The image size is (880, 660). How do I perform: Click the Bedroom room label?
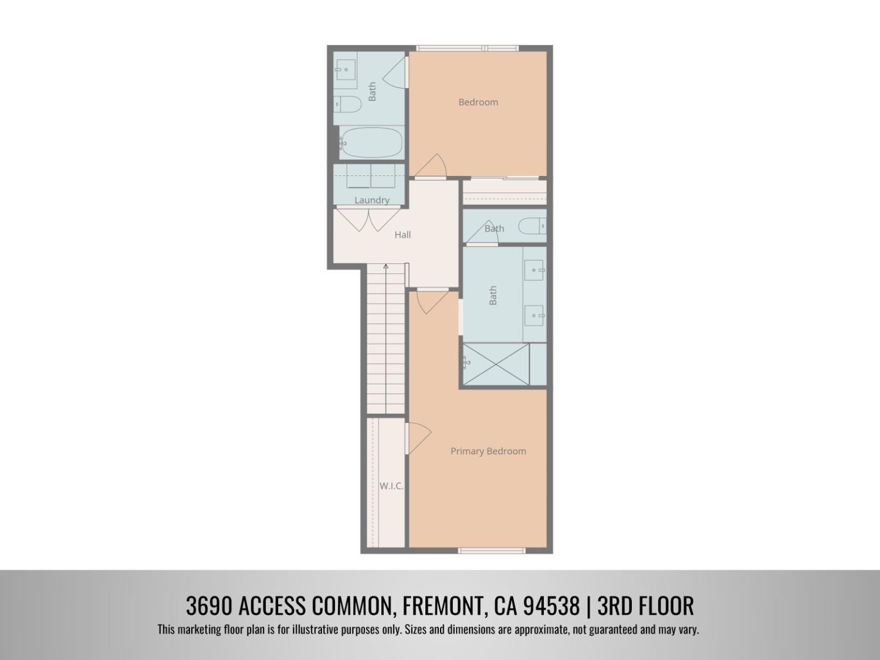pos(478,102)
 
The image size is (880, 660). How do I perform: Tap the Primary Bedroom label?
pos(488,451)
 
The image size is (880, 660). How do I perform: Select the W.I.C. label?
pos(391,486)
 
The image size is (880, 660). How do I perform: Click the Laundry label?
pos(372,200)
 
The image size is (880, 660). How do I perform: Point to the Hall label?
pos(402,235)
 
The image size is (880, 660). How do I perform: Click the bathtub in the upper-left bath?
pos(371,142)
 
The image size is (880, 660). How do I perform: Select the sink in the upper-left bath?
pos(345,70)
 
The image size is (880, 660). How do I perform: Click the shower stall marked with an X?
pos(495,364)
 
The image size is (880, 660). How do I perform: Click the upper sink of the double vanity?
pos(534,269)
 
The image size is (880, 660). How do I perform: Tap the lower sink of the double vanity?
pos(534,315)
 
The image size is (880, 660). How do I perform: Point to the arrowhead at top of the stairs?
pos(386,266)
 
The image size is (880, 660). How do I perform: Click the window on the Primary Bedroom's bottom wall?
pos(491,551)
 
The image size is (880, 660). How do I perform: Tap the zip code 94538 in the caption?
pos(551,606)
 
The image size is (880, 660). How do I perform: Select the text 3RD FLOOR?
pos(645,606)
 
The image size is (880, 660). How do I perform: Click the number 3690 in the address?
pos(208,606)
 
